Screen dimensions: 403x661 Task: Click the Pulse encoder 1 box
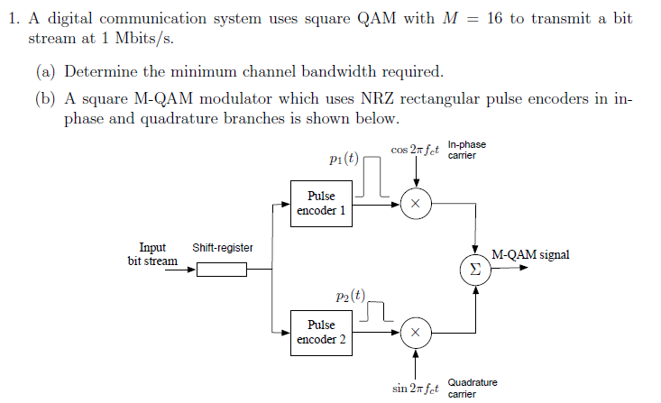tap(321, 203)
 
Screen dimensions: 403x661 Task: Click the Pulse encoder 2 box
tap(321, 332)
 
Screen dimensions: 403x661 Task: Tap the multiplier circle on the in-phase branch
tap(415, 204)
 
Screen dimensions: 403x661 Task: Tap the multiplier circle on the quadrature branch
tap(415, 332)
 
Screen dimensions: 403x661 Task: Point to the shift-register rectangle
tap(221, 268)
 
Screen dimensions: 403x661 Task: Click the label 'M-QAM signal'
tap(530, 255)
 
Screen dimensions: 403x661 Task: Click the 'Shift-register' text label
tap(223, 248)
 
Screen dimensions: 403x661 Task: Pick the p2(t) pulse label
tap(349, 295)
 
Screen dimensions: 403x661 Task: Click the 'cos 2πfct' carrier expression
tap(416, 150)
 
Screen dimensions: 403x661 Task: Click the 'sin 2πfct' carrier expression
tap(416, 389)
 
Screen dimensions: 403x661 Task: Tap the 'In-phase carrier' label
tap(466, 150)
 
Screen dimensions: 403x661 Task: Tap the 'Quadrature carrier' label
tap(472, 388)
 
